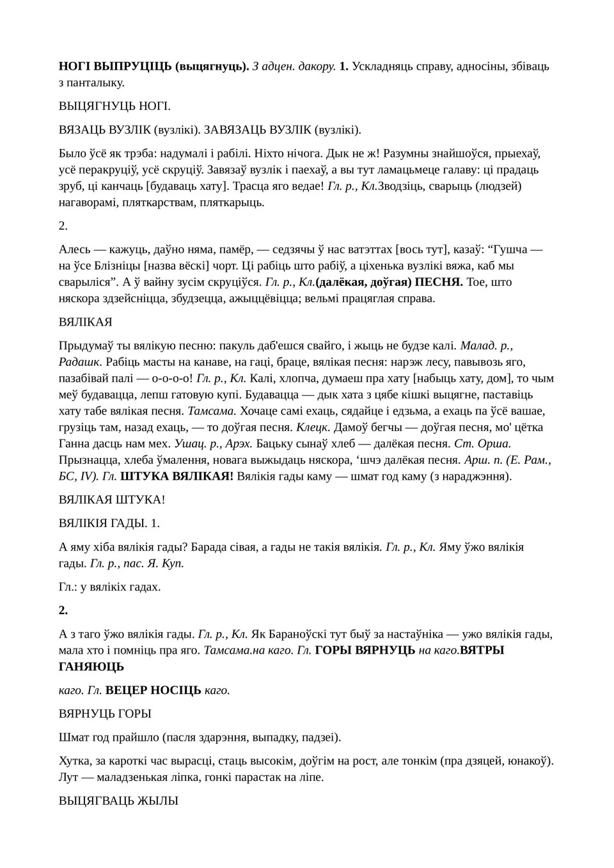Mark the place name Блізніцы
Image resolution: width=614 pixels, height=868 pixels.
[x=122, y=265]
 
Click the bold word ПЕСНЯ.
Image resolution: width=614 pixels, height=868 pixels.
[x=439, y=282]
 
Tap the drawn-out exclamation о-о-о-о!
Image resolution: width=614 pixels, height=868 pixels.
[x=172, y=378]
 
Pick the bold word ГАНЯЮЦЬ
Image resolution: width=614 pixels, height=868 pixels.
[x=91, y=667]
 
